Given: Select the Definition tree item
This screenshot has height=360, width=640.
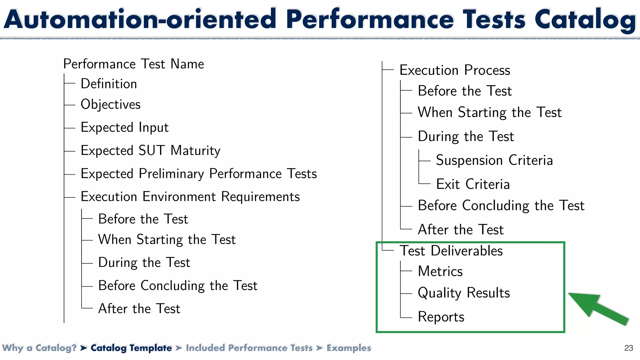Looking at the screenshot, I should [x=109, y=84].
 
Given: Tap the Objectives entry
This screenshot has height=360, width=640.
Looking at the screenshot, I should [x=111, y=104].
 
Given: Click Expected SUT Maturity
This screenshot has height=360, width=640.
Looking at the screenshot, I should [x=150, y=151].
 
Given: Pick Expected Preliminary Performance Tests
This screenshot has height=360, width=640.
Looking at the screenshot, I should [x=199, y=174].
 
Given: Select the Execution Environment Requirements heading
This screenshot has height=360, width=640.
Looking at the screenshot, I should [x=190, y=197].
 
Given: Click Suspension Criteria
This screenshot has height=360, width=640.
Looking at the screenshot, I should [x=494, y=160].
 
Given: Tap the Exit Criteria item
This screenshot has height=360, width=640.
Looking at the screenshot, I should [x=473, y=184].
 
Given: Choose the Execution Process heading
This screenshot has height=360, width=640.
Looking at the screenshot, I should [x=455, y=70].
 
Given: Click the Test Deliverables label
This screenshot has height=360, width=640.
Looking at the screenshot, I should [x=451, y=251].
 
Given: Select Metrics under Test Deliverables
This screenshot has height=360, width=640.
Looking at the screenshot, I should [x=440, y=271].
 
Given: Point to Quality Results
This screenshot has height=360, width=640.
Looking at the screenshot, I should [x=464, y=293].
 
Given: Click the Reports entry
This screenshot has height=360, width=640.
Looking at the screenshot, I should [x=441, y=317].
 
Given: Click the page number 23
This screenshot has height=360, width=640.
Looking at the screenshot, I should [x=628, y=348].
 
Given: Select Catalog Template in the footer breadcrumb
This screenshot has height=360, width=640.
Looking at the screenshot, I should [x=131, y=348].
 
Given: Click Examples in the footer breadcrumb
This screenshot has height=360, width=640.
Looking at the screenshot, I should [x=349, y=348].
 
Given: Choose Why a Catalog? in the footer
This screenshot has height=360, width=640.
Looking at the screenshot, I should [x=39, y=348].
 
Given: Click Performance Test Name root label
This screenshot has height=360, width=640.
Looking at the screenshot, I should [x=133, y=64].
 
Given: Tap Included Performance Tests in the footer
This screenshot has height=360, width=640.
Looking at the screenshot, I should [x=249, y=348].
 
